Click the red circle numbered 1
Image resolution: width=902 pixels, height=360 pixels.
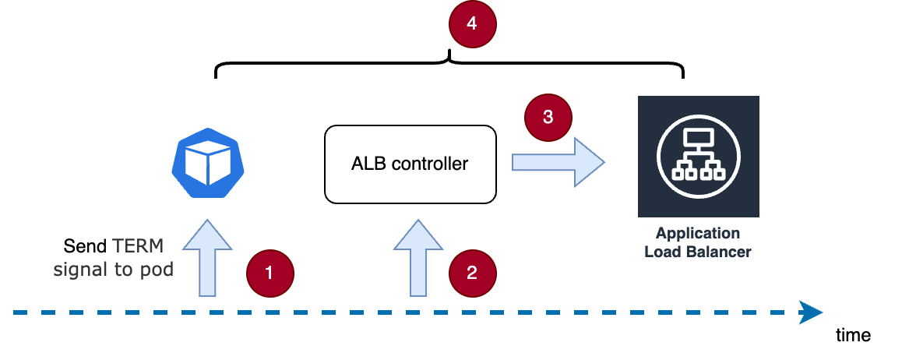[x=270, y=273]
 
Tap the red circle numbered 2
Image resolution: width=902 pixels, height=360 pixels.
[x=472, y=273]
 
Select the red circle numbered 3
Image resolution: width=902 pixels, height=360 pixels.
[x=548, y=118]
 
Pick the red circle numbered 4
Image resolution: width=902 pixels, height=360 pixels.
[x=472, y=24]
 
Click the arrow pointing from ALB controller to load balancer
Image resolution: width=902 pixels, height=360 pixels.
[x=558, y=161]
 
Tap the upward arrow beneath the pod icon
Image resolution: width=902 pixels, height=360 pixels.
[x=207, y=257]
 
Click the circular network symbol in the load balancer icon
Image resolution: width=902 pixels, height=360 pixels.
[x=698, y=156]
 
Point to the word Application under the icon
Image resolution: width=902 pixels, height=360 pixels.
[x=698, y=233]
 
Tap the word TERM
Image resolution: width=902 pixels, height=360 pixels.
[x=139, y=246]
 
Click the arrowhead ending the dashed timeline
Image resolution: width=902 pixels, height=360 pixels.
[x=812, y=313]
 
